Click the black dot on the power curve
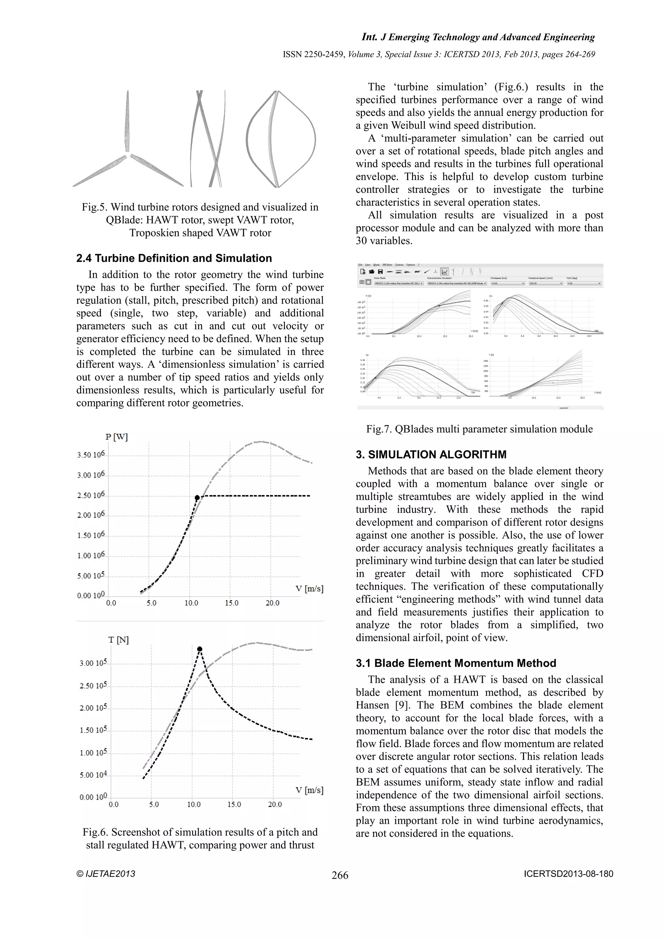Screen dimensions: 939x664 197,497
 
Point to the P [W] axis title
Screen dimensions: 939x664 116,437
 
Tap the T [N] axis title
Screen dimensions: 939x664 119,640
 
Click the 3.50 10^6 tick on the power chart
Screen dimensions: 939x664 91,455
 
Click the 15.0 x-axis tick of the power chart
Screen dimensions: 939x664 231,603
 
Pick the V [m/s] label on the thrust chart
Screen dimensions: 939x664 309,790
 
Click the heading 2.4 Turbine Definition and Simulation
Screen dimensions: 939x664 174,258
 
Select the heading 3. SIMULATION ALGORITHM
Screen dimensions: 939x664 431,454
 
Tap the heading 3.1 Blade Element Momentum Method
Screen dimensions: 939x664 456,663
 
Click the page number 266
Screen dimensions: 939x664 340,875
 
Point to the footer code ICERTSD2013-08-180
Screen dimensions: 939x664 568,874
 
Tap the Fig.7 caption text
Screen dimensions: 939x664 479,429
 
